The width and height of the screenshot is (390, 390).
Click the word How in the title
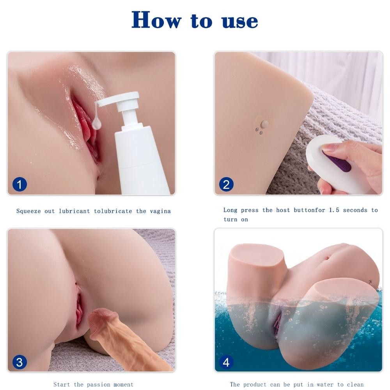[156, 20]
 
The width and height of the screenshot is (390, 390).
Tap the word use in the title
[240, 21]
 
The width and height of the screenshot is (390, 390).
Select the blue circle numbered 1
[19, 184]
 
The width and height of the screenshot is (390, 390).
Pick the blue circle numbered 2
[226, 184]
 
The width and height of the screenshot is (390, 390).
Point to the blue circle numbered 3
[19, 362]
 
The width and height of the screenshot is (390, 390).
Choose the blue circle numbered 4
[226, 362]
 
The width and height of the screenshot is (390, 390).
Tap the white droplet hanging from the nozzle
[96, 123]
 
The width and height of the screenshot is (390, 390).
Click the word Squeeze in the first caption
[28, 211]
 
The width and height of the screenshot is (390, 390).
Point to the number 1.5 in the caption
[334, 210]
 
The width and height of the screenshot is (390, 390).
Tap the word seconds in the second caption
[355, 210]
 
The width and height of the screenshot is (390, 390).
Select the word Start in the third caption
[62, 385]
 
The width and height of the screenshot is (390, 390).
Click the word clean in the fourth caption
[355, 385]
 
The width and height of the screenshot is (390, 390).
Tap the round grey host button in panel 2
[265, 123]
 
